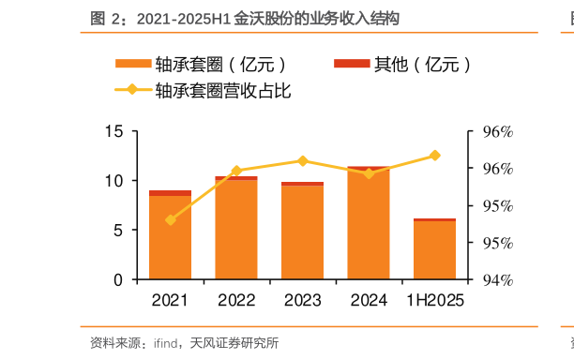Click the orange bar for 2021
coord(171,238)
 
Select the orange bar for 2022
coord(236,230)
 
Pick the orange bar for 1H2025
coord(434,250)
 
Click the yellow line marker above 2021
coord(171,219)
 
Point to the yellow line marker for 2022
coord(236,171)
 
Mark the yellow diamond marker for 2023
coord(302,160)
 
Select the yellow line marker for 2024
coord(369,173)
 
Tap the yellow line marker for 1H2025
coord(434,155)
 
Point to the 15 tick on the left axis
coord(114,131)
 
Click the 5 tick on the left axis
coord(118,231)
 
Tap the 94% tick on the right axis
coord(497,280)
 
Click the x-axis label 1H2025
coord(434,301)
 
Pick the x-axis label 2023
coord(302,301)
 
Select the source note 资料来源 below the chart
coord(184,342)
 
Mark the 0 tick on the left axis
coord(118,280)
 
